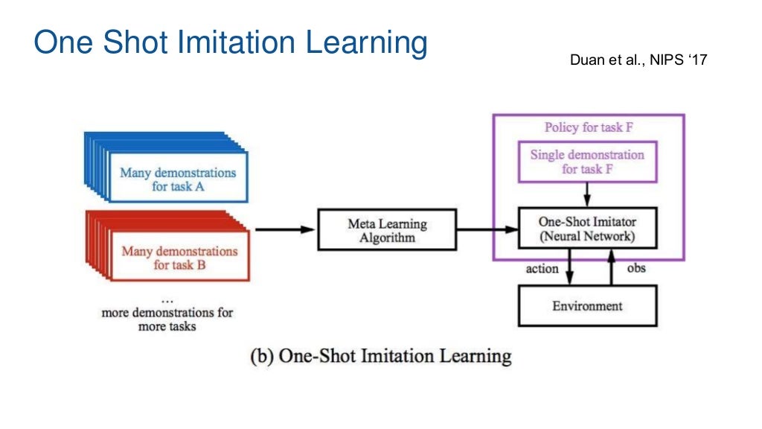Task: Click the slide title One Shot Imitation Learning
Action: (x=231, y=43)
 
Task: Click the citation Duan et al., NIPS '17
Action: (x=638, y=60)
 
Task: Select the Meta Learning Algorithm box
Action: (x=387, y=230)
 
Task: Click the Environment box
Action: (x=587, y=305)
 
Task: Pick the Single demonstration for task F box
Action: (x=587, y=162)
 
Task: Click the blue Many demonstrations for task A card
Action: (x=178, y=179)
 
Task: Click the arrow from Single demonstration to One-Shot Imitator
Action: (x=587, y=195)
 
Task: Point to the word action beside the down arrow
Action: (x=542, y=268)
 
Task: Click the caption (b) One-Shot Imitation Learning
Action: (x=380, y=355)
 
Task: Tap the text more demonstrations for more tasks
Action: (x=167, y=319)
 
